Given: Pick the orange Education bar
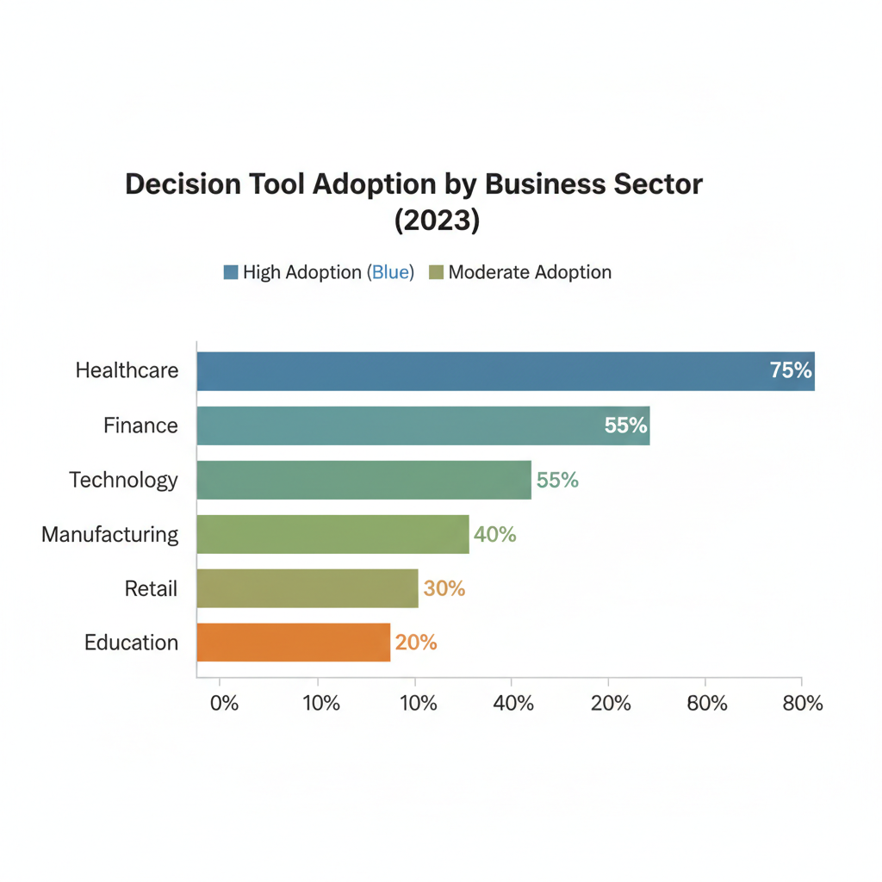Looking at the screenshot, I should click(x=293, y=643).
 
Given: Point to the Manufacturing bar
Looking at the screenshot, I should click(x=332, y=534).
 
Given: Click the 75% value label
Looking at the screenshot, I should click(x=791, y=371).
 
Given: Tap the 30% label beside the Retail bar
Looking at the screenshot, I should click(x=444, y=589).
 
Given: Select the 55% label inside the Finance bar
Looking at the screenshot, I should click(x=625, y=425).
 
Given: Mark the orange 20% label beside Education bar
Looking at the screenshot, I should click(x=416, y=643).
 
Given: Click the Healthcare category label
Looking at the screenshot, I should click(x=127, y=371).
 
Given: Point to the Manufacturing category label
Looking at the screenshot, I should click(x=110, y=534).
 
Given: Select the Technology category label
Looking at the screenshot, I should click(x=124, y=480).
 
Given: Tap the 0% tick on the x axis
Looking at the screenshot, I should click(x=224, y=704).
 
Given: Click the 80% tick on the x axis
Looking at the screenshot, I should click(x=802, y=704).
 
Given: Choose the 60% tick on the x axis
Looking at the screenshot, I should click(x=706, y=704).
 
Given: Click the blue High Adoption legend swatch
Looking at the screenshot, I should click(x=230, y=273).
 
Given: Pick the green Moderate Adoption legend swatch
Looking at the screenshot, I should click(x=436, y=273).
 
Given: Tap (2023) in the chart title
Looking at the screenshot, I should click(x=437, y=221).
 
